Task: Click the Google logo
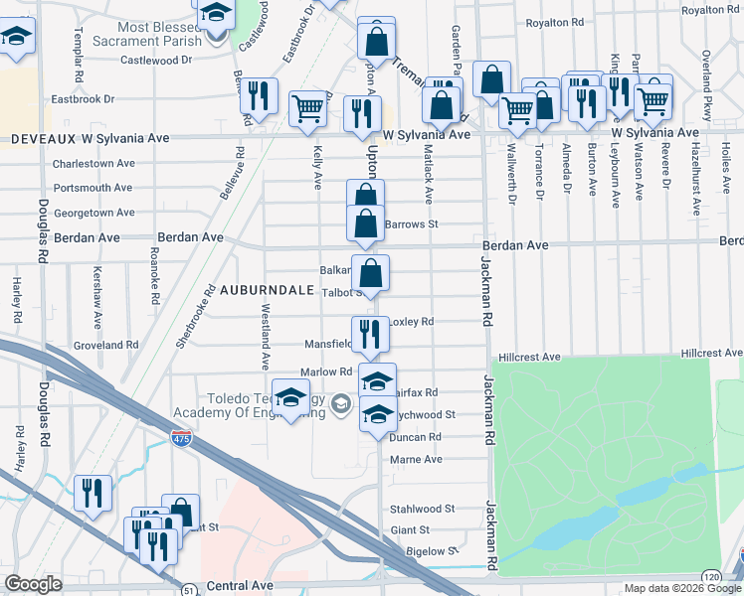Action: click(33, 584)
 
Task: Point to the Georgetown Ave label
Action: click(94, 213)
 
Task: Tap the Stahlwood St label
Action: click(423, 509)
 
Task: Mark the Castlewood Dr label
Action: click(155, 61)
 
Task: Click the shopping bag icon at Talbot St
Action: click(370, 273)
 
